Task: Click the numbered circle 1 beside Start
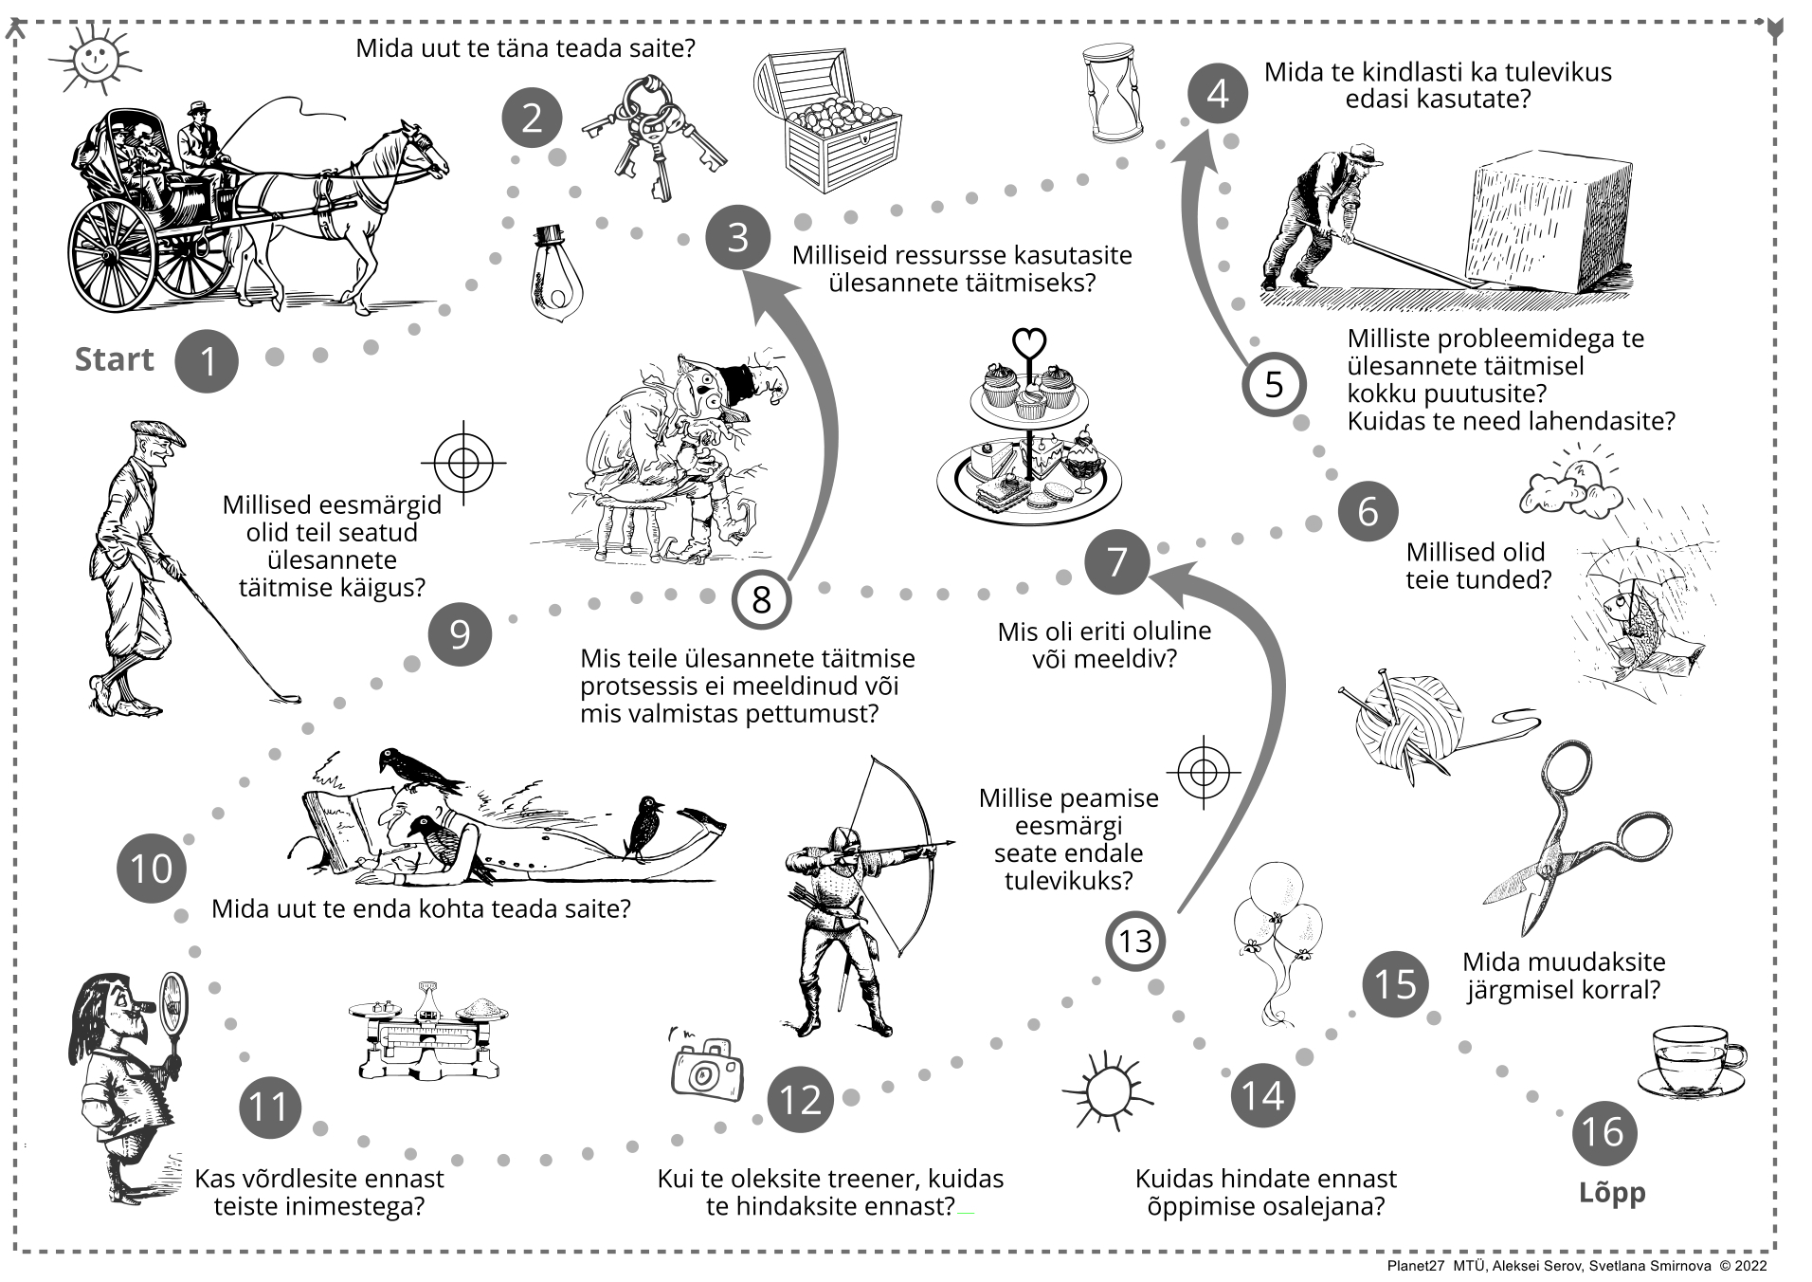tap(208, 360)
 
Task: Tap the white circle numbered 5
tap(1274, 384)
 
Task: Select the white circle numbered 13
tap(1135, 941)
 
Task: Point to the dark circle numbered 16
tap(1604, 1132)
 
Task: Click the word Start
tap(114, 359)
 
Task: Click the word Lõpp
tap(1612, 1193)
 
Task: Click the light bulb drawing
tap(555, 275)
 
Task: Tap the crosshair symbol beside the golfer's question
tap(463, 462)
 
